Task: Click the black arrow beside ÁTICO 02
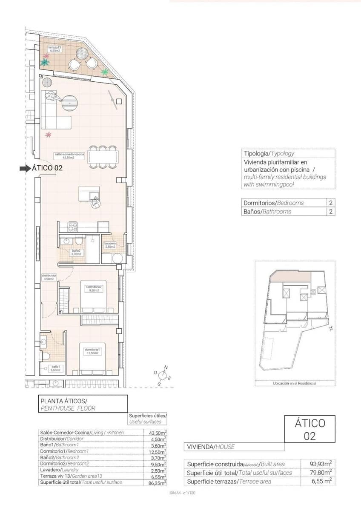pos(25,168)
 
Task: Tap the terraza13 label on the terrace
pos(55,49)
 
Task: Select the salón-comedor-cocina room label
pos(69,155)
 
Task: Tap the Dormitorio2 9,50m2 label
pos(94,289)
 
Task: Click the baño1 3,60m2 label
pos(55,368)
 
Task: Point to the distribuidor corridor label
pos(49,277)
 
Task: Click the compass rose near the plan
pos(162,375)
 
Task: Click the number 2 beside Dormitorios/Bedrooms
pos(330,203)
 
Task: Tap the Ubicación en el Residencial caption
pos(295,383)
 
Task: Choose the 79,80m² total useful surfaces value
pos(321,473)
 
